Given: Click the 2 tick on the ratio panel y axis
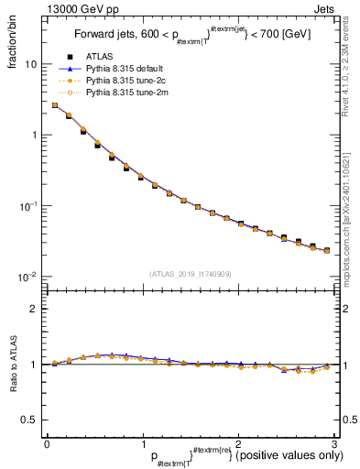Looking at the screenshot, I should [x=35, y=309].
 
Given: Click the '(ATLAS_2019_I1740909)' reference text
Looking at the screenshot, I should [x=189, y=273].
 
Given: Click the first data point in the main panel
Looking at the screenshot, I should [x=54, y=105].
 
